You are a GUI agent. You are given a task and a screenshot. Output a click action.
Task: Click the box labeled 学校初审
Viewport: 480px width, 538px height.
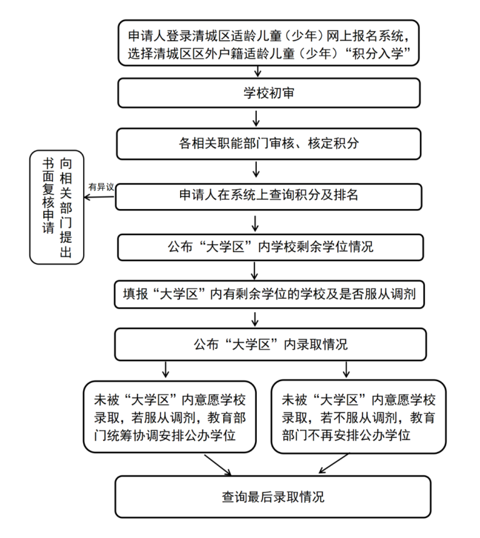pyautogui.click(x=269, y=93)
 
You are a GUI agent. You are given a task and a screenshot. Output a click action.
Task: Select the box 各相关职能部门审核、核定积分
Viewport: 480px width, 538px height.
pyautogui.click(x=269, y=144)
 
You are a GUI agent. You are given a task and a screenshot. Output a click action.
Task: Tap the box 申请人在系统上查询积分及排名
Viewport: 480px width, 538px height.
pyautogui.click(x=269, y=196)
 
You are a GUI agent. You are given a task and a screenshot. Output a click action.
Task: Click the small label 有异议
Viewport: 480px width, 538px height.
pyautogui.click(x=101, y=187)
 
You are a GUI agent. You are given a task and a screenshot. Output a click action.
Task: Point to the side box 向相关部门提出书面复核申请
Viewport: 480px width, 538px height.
pyautogui.click(x=57, y=207)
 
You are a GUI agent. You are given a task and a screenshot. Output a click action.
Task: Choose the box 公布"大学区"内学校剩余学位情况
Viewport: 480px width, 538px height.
pyautogui.click(x=270, y=247)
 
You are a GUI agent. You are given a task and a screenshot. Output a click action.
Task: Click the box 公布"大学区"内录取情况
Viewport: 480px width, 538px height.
pyautogui.click(x=271, y=345)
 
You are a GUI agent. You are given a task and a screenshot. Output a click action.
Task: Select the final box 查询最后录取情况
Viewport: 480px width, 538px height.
pyautogui.click(x=273, y=497)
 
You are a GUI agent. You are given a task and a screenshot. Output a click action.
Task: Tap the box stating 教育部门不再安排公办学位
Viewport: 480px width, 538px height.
pyautogui.click(x=359, y=417)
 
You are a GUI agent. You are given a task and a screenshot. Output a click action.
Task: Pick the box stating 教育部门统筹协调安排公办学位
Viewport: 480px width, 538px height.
pyautogui.click(x=170, y=417)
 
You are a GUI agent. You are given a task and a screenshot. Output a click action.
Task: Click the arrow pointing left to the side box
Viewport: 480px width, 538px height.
pyautogui.click(x=99, y=197)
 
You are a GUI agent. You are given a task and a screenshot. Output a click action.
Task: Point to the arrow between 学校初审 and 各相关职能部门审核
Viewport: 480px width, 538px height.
pyautogui.click(x=256, y=118)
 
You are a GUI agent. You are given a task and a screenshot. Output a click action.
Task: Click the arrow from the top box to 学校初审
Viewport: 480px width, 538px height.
pyautogui.click(x=258, y=72)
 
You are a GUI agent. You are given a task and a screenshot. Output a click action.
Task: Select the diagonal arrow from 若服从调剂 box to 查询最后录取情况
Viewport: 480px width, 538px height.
pyautogui.click(x=218, y=465)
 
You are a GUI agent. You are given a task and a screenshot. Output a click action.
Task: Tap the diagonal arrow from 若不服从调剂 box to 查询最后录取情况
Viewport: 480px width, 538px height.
pyautogui.click(x=334, y=464)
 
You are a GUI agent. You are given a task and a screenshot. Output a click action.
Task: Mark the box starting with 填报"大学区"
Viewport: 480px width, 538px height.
pyautogui.click(x=269, y=295)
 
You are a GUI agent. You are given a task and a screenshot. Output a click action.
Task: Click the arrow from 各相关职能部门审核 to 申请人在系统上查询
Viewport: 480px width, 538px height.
pyautogui.click(x=256, y=169)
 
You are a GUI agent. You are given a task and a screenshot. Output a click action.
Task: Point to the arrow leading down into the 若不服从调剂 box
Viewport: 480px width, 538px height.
pyautogui.click(x=346, y=370)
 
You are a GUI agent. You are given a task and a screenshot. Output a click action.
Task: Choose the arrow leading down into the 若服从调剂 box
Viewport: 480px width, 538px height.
pyautogui.click(x=166, y=370)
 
